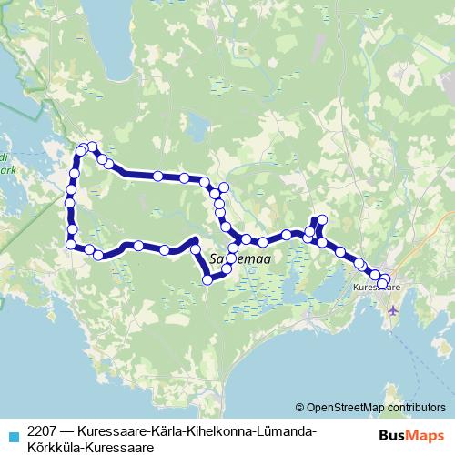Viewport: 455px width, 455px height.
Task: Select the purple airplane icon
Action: pyautogui.click(x=393, y=311)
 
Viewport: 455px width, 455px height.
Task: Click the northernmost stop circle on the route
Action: pyautogui.click(x=92, y=147)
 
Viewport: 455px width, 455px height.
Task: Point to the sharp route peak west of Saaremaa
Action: pyautogui.click(x=195, y=241)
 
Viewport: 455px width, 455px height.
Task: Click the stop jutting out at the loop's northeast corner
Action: pyautogui.click(x=223, y=187)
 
